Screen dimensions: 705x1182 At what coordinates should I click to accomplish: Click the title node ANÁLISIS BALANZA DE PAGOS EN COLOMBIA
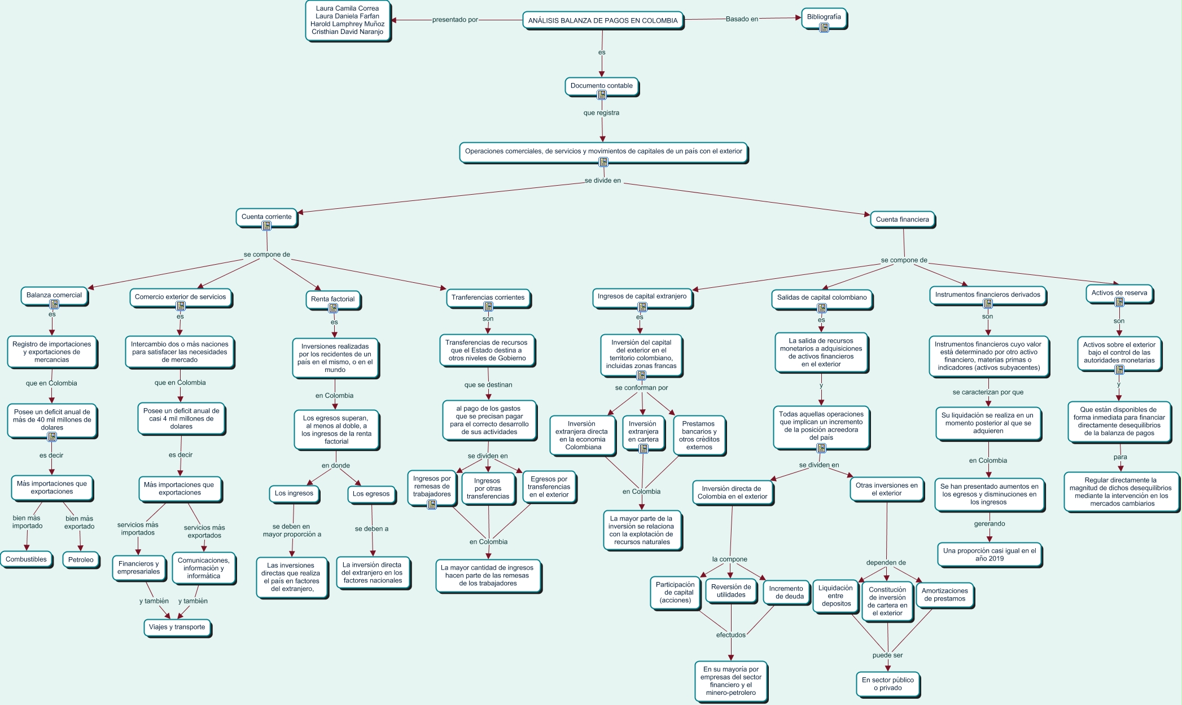point(602,21)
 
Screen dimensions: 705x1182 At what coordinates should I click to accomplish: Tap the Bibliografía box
point(824,16)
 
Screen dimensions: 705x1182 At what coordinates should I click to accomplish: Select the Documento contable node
point(601,86)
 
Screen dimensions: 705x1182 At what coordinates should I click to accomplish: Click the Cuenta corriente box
point(266,217)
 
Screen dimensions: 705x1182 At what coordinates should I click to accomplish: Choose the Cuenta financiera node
point(902,220)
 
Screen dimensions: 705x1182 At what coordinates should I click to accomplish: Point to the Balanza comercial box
point(54,295)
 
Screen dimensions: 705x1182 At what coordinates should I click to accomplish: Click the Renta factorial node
point(332,299)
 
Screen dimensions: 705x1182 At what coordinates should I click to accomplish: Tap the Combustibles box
point(26,559)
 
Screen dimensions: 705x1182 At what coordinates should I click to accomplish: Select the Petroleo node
point(81,560)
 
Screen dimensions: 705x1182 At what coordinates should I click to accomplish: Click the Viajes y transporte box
point(177,627)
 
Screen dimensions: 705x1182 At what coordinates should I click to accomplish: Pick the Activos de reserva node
point(1119,293)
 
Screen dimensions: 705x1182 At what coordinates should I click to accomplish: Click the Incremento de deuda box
point(786,592)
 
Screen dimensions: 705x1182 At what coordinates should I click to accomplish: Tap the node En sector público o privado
point(888,684)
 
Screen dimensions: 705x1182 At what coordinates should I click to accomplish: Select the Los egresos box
point(371,494)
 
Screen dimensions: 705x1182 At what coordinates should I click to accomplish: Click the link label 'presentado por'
point(455,20)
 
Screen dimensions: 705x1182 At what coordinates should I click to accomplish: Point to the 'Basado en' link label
point(742,19)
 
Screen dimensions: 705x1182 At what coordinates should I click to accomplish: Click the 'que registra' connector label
point(601,113)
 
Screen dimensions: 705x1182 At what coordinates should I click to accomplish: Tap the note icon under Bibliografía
point(824,27)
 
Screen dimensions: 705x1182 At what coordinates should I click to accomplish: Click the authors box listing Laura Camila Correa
point(348,20)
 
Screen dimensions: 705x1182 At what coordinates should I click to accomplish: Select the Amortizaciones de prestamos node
point(945,595)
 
